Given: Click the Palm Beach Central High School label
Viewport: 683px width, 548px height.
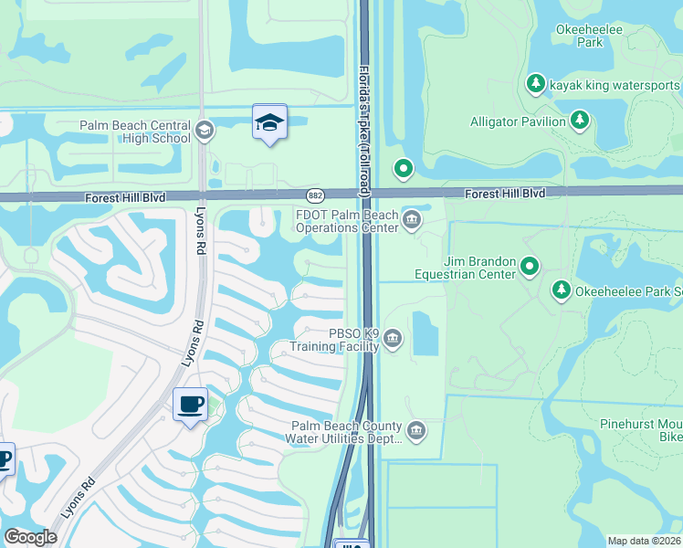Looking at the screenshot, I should click(134, 132).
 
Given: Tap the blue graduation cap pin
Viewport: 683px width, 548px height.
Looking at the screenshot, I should click(269, 123).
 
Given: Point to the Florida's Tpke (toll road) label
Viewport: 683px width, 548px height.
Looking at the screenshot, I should click(364, 128).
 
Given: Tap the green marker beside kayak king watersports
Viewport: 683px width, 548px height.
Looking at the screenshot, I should click(536, 84).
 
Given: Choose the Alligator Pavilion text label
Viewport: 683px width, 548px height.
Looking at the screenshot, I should click(517, 121).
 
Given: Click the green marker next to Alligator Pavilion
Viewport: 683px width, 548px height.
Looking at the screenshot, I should click(579, 120).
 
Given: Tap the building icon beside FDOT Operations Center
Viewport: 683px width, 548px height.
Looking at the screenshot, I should click(411, 219).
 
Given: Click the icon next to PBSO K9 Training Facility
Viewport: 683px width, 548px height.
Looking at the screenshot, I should click(393, 340).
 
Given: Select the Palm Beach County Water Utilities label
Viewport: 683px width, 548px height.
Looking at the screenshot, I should click(345, 432).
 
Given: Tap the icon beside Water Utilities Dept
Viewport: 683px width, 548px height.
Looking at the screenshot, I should click(416, 430).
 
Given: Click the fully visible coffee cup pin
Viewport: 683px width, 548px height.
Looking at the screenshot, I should click(190, 405).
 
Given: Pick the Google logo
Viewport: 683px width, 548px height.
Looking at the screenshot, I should click(30, 537).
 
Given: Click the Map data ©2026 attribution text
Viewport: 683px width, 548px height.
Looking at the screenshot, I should click(644, 541).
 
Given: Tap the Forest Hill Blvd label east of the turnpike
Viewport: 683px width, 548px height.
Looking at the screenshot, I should click(504, 195).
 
